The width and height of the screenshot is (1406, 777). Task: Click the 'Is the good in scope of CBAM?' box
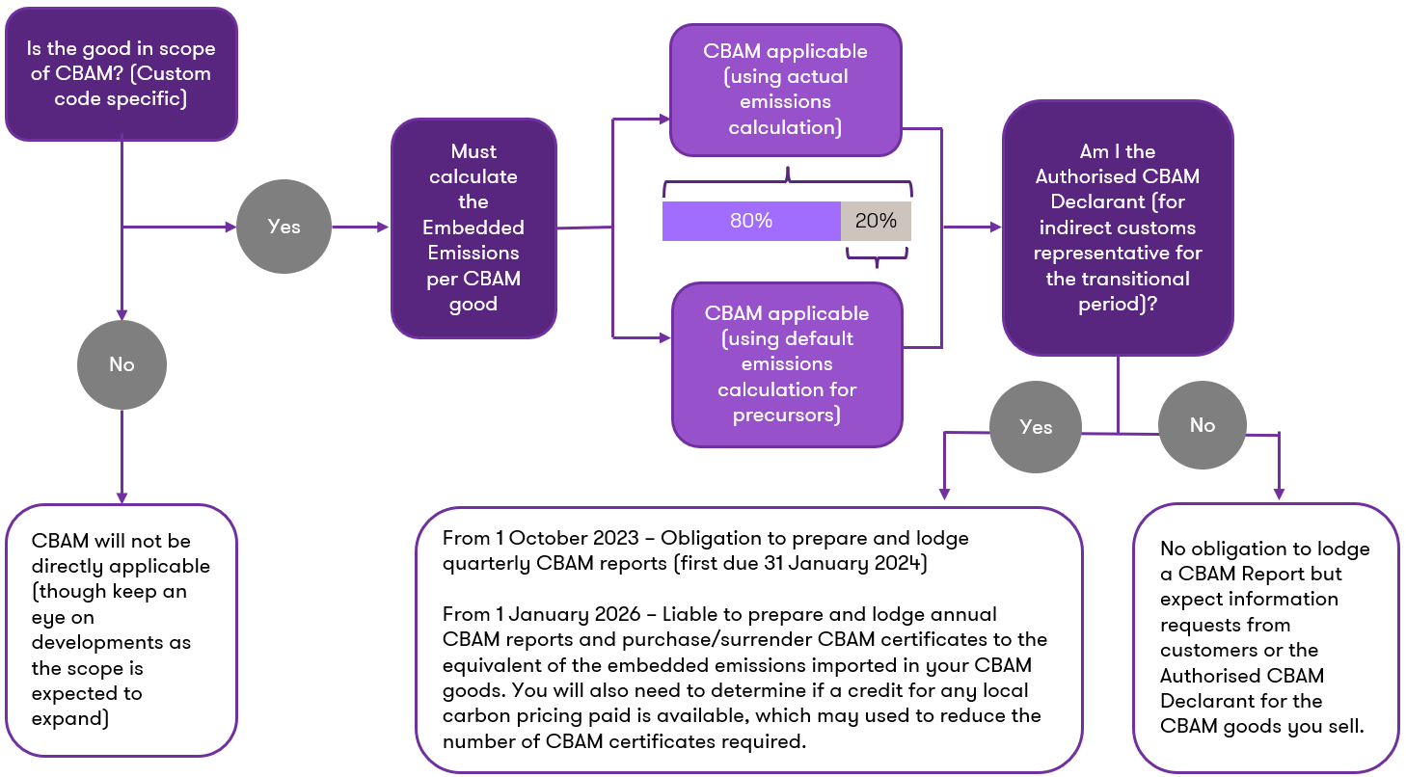[x=121, y=74]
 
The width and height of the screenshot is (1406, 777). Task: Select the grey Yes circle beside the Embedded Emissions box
[x=284, y=228]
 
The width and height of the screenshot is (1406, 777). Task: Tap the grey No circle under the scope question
[x=122, y=364]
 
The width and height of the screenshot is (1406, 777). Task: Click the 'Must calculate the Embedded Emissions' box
[x=473, y=228]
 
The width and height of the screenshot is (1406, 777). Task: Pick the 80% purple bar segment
[x=751, y=221]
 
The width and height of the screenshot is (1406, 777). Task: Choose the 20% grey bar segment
[x=876, y=221]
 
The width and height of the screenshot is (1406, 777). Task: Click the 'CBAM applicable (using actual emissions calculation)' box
[x=785, y=90]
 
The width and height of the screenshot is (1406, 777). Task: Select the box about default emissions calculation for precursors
[x=787, y=364]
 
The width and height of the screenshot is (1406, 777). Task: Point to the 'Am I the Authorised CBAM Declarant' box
[x=1118, y=228]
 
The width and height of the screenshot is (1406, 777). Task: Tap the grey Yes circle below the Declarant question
[x=1036, y=427]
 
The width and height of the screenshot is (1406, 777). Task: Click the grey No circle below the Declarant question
[x=1202, y=425]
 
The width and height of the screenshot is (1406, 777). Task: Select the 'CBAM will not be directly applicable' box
[x=121, y=630]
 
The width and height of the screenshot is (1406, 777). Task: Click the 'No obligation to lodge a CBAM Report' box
[x=1265, y=637]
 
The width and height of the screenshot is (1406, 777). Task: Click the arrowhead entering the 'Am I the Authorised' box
[x=995, y=228]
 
